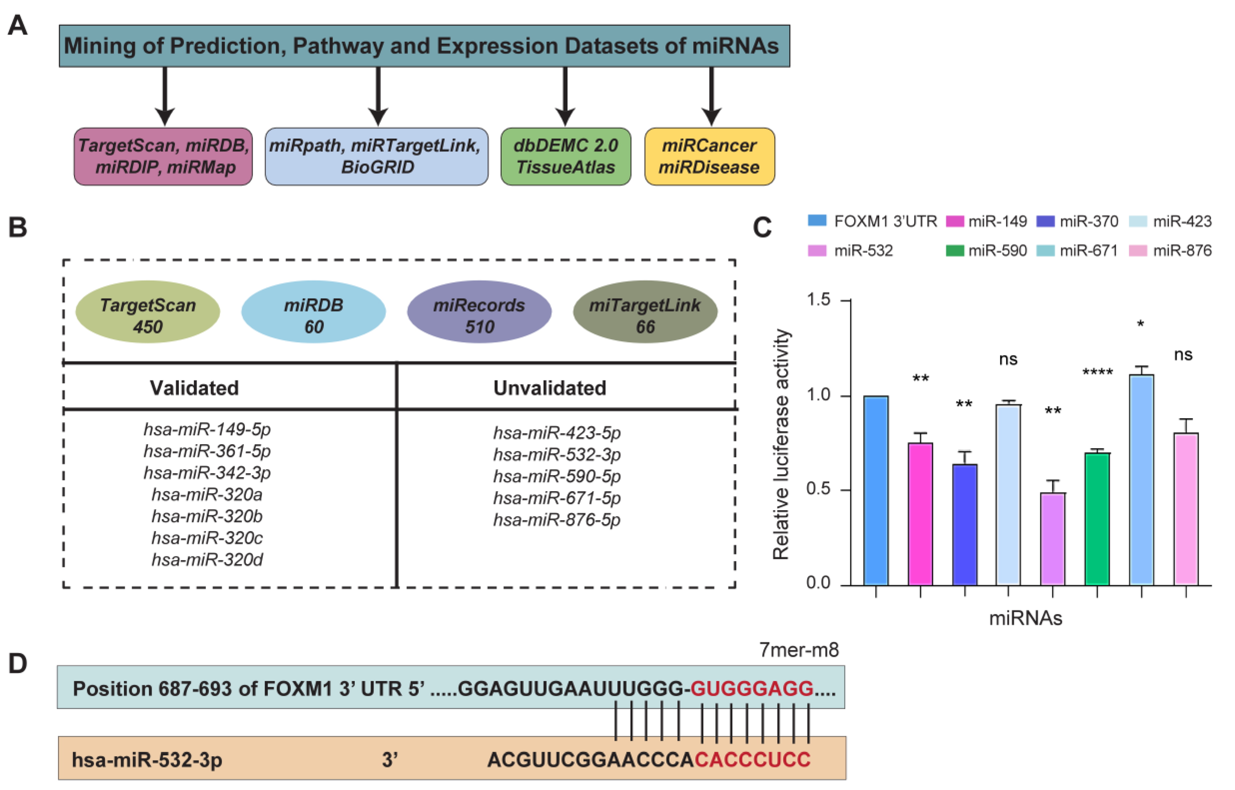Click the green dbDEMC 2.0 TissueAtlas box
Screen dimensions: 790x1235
click(x=566, y=156)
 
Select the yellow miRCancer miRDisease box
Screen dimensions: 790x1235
click(x=710, y=156)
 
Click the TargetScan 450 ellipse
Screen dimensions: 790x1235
click(x=148, y=312)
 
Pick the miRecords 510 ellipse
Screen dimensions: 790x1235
click(x=479, y=312)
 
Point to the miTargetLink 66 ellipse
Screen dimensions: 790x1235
click(x=645, y=312)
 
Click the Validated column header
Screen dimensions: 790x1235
click(x=194, y=388)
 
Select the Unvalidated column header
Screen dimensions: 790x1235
click(x=550, y=388)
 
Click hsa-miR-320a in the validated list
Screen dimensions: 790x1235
click(x=207, y=494)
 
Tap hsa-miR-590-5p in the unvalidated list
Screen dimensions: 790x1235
click(x=557, y=476)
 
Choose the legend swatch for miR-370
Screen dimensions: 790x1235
click(x=1045, y=221)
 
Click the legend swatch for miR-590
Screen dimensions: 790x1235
click(x=954, y=250)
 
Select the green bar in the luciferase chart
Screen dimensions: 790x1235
click(x=1097, y=518)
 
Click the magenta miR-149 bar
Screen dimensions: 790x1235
click(x=920, y=513)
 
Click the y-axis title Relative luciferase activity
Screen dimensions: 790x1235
click(x=781, y=444)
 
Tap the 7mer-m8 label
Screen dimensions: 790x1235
click(x=798, y=650)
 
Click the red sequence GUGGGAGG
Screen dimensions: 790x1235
click(x=752, y=688)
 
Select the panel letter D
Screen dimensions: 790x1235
click(x=18, y=663)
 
